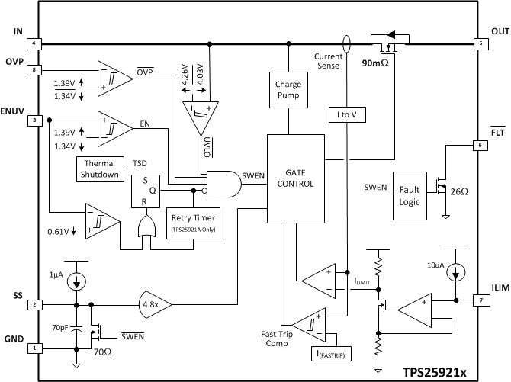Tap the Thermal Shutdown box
pyautogui.click(x=101, y=169)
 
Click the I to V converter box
pyautogui.click(x=347, y=116)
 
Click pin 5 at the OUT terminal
pyautogui.click(x=479, y=43)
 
